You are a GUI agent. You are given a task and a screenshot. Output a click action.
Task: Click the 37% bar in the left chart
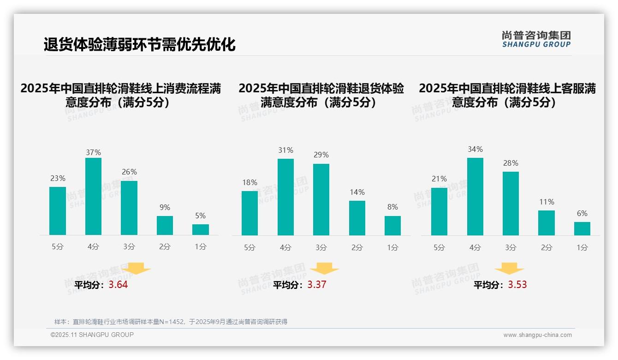(93, 196)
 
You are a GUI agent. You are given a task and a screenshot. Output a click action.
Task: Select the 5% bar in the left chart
(201, 229)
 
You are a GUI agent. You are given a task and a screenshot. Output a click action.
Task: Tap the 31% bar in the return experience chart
(285, 197)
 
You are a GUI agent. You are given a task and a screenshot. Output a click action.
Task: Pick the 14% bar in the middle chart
(357, 218)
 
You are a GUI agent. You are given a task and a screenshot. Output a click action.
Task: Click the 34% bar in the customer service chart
(475, 197)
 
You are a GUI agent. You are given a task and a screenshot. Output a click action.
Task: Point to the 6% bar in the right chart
(582, 228)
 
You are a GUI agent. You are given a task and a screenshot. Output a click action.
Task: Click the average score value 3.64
(118, 285)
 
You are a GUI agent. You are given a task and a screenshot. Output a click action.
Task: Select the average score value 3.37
(317, 285)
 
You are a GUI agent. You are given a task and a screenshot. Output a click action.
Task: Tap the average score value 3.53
(517, 285)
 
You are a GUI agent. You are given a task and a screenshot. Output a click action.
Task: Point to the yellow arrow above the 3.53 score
(509, 269)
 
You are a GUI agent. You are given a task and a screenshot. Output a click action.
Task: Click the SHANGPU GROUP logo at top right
(536, 39)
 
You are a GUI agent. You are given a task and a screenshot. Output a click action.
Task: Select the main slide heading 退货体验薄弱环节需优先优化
(139, 44)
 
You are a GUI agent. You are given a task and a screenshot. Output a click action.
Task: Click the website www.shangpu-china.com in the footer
(537, 335)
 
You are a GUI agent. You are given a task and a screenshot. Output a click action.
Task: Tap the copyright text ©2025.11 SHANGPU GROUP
(92, 335)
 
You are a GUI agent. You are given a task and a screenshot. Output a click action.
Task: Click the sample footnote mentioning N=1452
(171, 322)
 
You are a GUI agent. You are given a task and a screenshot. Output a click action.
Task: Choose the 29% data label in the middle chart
(321, 155)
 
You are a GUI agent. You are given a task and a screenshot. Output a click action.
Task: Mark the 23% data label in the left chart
(58, 178)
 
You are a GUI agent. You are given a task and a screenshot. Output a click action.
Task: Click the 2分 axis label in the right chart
(547, 247)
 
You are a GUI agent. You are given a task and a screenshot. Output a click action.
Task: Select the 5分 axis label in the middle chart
(250, 247)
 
